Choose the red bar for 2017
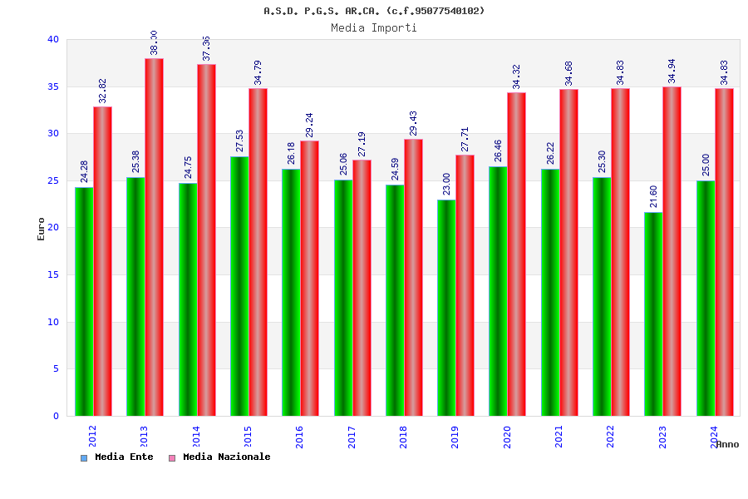pyautogui.click(x=362, y=288)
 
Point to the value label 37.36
pyautogui.click(x=206, y=48)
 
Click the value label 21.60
pyautogui.click(x=653, y=196)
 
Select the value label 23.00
pyautogui.click(x=446, y=184)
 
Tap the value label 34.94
pyautogui.click(x=672, y=71)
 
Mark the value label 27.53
pyautogui.click(x=239, y=141)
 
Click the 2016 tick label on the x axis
pyautogui.click(x=299, y=437)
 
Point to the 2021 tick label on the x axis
pyautogui.click(x=559, y=437)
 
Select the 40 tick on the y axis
pyautogui.click(x=53, y=39)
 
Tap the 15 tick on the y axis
pyautogui.click(x=53, y=274)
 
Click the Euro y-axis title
pyautogui.click(x=42, y=229)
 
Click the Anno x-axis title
pyautogui.click(x=727, y=444)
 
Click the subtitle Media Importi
pyautogui.click(x=374, y=27)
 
